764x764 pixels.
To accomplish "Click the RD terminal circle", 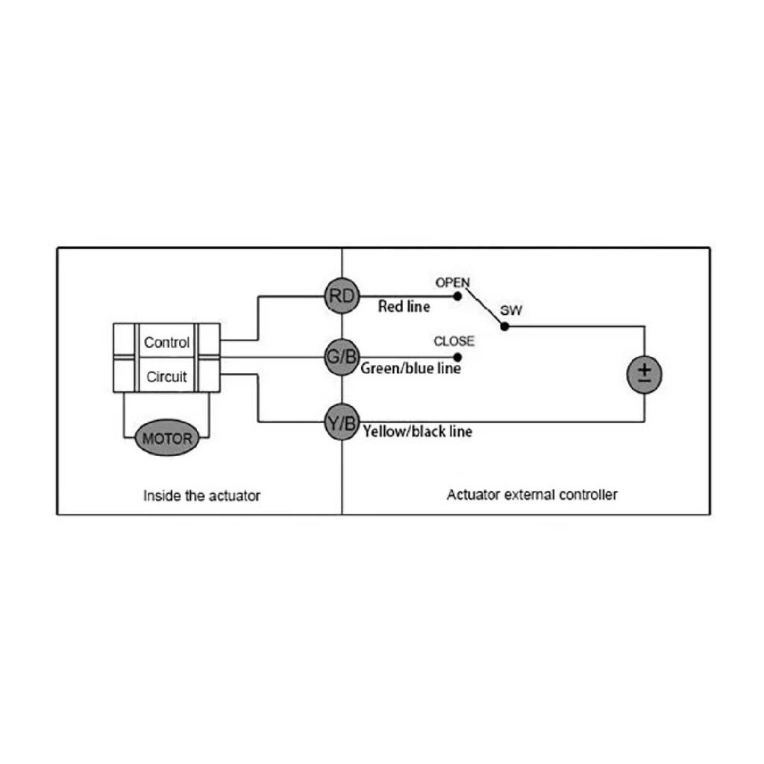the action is pyautogui.click(x=342, y=295).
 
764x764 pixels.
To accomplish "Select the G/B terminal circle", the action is pyautogui.click(x=342, y=357).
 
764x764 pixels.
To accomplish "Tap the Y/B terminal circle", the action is pyautogui.click(x=342, y=422).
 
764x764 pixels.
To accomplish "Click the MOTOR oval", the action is pyautogui.click(x=167, y=438).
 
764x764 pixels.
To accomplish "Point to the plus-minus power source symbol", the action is pyautogui.click(x=644, y=375).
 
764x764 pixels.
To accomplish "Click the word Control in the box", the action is pyautogui.click(x=166, y=342).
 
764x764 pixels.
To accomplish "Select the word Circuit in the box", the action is pyautogui.click(x=166, y=377).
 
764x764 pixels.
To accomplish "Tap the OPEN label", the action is pyautogui.click(x=453, y=283).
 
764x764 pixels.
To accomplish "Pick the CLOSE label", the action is pyautogui.click(x=454, y=341).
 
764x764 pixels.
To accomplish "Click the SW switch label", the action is pyautogui.click(x=511, y=310).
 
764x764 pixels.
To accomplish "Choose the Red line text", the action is pyautogui.click(x=404, y=307).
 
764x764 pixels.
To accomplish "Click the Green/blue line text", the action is pyautogui.click(x=411, y=369).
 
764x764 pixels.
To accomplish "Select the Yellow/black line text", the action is pyautogui.click(x=418, y=431).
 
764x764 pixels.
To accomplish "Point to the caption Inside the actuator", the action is pyautogui.click(x=201, y=496).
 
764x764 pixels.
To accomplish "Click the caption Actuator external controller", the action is pyautogui.click(x=532, y=495).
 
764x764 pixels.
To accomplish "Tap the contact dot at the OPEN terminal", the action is pyautogui.click(x=457, y=295).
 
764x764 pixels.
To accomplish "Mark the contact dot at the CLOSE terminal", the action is pyautogui.click(x=457, y=357).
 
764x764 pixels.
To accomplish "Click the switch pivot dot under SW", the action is pyautogui.click(x=505, y=327).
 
